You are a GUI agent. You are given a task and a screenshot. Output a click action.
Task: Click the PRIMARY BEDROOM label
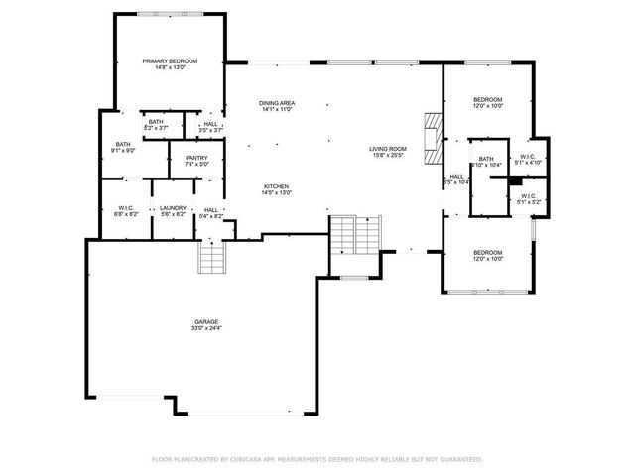tap(170, 61)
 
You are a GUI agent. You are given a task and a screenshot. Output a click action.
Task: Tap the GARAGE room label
tap(206, 321)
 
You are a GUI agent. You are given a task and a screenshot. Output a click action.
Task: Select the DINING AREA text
tap(277, 103)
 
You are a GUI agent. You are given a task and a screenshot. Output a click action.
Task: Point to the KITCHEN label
tap(277, 186)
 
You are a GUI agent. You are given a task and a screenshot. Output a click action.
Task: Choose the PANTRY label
tap(196, 158)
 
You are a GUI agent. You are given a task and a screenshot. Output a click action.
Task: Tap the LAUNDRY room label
tap(173, 208)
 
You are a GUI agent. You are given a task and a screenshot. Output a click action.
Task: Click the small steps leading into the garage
tap(213, 258)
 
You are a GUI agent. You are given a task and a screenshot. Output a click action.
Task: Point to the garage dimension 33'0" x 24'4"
tap(206, 328)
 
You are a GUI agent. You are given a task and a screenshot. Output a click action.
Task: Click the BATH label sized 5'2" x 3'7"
tap(156, 122)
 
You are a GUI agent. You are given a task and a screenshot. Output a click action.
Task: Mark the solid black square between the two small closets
tap(515, 181)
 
